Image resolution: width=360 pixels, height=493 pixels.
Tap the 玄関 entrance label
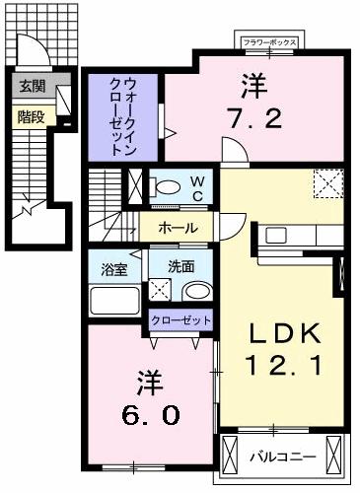28,86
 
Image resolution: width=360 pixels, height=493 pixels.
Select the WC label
196,186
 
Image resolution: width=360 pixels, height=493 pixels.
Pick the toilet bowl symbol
166,186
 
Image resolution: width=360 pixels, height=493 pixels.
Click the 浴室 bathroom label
113,267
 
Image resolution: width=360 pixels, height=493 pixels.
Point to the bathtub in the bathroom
114,297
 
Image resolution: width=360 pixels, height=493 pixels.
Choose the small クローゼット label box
180,320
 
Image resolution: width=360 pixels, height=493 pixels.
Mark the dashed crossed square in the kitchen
326,183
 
